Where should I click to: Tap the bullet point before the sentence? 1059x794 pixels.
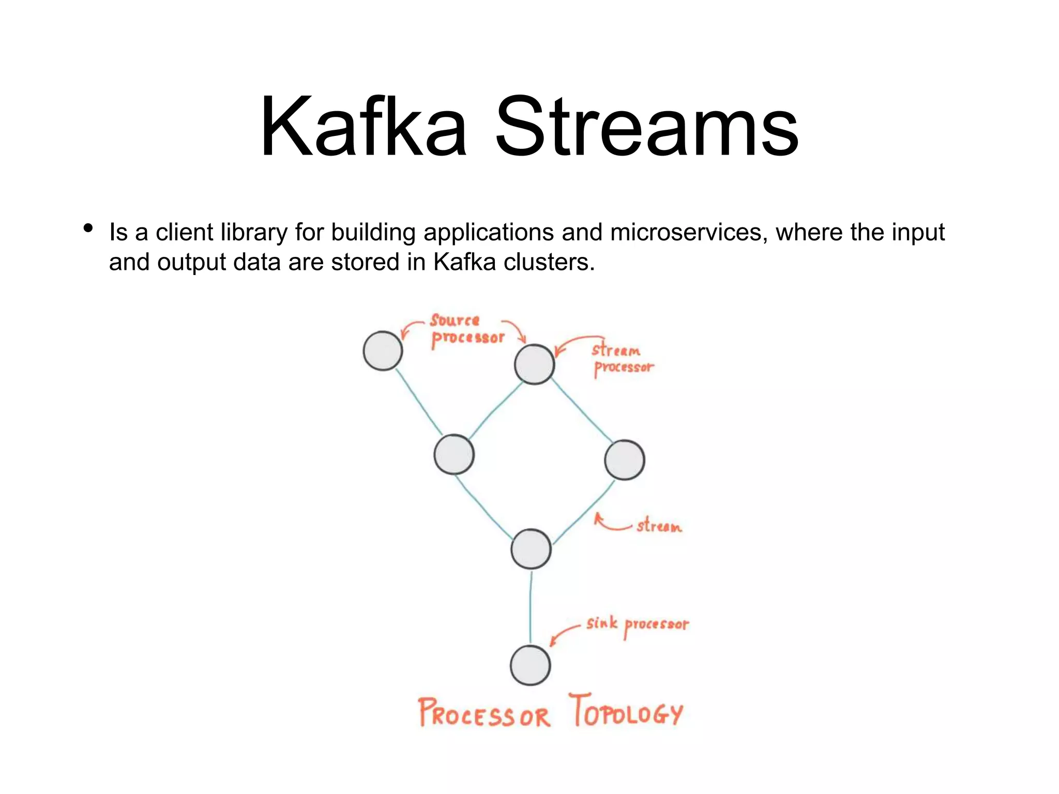[88, 228]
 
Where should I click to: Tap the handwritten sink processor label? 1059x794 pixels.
[637, 624]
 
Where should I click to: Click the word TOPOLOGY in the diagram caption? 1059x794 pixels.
[626, 711]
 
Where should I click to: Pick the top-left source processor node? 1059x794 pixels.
[383, 351]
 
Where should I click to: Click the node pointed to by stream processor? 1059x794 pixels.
[534, 364]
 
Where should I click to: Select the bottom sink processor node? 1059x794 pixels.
[530, 665]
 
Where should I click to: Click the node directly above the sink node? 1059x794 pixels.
[531, 549]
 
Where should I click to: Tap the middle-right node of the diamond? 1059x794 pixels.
[624, 460]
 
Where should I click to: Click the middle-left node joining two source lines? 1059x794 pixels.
[453, 454]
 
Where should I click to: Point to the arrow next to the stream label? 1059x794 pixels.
[610, 523]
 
